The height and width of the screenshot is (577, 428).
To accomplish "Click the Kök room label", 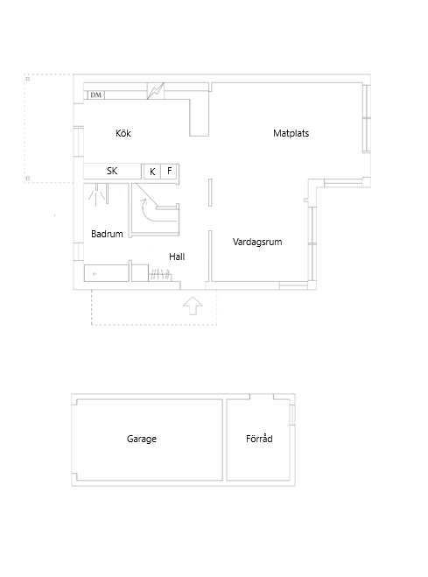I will coord(123,134).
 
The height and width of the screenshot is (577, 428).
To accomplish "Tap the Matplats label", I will coord(291,134).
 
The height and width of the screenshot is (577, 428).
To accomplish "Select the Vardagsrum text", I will coord(256,242).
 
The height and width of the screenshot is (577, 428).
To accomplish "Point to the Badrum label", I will coord(106,234).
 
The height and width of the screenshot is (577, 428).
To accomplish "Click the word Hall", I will coord(177,257).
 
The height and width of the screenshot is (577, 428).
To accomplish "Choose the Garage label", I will coord(141,439).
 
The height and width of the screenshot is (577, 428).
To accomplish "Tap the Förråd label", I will coord(259,439).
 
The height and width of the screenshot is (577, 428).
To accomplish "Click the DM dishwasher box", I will coord(95,95).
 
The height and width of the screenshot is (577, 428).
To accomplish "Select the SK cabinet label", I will coord(112,172).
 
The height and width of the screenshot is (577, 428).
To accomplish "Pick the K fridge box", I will coord(152,172).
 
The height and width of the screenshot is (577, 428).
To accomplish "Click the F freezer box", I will coord(170,172).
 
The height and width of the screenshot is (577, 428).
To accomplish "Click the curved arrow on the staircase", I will coord(142,210).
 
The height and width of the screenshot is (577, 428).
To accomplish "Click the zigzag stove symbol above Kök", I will coord(156,90).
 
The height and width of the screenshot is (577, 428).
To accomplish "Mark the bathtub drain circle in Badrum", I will coord(95,274).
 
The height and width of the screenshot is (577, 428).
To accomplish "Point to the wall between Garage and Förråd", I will coord(225,440).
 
